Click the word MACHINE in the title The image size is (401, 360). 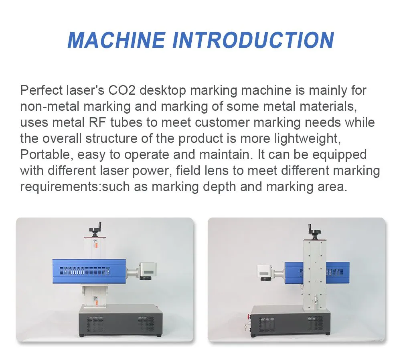[116, 40]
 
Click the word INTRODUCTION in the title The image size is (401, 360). [253, 40]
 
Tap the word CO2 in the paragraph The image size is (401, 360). [122, 90]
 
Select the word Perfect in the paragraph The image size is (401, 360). [41, 90]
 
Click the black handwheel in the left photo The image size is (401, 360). [97, 230]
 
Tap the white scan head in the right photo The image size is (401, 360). [265, 272]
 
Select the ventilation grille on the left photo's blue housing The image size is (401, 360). [85, 271]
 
